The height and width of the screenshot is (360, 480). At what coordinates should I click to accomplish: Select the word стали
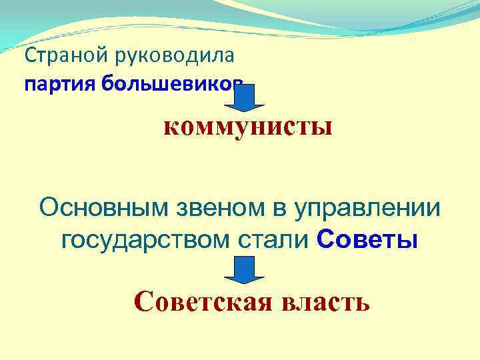[x=273, y=239]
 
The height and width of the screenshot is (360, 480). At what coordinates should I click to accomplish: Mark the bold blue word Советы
[x=367, y=239]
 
